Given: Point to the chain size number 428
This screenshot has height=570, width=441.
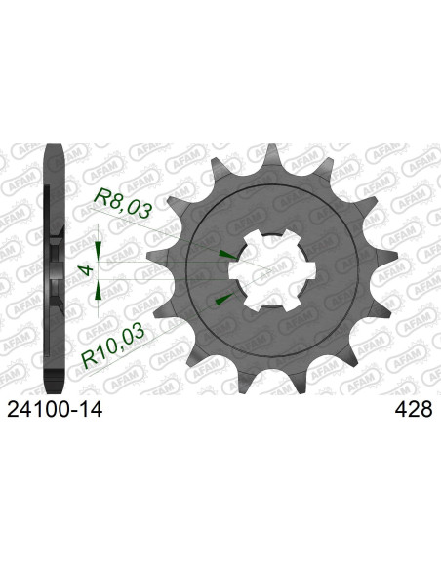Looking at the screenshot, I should tap(412, 412).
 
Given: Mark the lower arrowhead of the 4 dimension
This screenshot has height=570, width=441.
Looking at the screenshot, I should tap(101, 288).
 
